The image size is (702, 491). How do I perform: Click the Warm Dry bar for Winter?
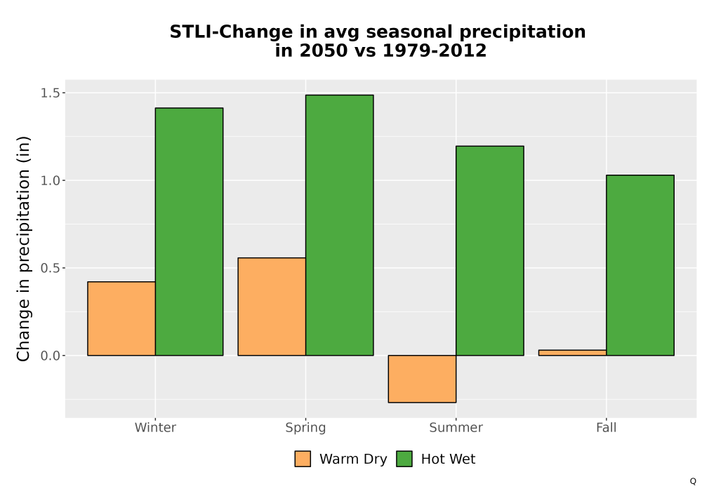point(121,318)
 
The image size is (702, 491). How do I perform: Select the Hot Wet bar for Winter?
point(189,231)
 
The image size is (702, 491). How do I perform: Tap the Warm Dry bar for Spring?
point(272,307)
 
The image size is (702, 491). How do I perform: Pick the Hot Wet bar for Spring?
point(339,225)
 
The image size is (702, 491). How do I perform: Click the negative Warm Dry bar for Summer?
point(422,379)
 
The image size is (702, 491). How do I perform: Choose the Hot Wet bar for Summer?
point(490,251)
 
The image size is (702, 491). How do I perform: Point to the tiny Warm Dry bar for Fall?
point(573,353)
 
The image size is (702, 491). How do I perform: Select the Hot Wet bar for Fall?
point(640,265)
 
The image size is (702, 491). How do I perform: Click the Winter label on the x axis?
point(155,427)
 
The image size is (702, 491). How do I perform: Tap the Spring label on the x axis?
point(306,428)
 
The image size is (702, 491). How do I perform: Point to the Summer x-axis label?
point(456,427)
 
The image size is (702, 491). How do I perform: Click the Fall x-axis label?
point(607,427)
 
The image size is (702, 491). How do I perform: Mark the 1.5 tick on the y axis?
point(50,93)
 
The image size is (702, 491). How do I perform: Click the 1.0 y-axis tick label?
point(50,181)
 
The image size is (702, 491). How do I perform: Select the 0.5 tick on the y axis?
point(50,269)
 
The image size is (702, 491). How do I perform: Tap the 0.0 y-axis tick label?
point(50,356)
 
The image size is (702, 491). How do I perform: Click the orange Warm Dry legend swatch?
point(303,459)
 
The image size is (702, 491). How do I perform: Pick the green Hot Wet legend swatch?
point(404,459)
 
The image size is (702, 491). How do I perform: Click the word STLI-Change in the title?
point(231,32)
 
